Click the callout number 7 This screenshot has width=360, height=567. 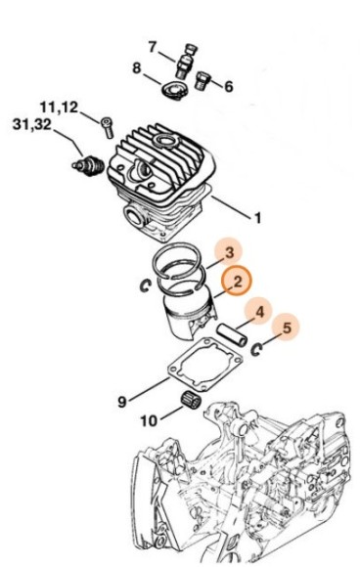pos(153,47)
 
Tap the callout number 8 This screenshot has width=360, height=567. pos(136,68)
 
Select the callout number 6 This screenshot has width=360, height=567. pos(229,86)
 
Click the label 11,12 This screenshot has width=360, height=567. pos(59,108)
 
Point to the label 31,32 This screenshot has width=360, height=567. pos(32,125)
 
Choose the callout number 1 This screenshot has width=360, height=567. pos(257,218)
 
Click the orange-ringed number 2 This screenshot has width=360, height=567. pos(237,282)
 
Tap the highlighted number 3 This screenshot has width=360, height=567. pos(229,252)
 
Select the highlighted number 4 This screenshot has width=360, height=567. pos(260,311)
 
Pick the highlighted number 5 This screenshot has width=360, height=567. pos(287,327)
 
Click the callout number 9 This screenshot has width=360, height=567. pos(122,402)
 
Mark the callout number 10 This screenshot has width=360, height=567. pos(149,420)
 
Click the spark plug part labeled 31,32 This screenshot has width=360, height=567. pos(88,166)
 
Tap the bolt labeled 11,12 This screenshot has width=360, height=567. pos(107,127)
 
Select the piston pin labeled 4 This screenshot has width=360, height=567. pos(232,335)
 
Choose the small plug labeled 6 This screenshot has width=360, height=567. pos(201,80)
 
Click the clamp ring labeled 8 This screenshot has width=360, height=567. pos(174,90)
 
